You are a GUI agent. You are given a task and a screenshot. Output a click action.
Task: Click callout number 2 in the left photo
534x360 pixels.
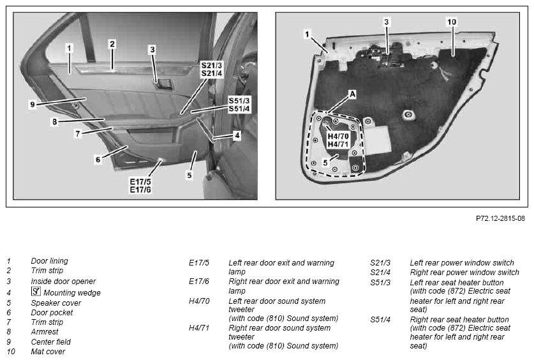(x=112, y=44)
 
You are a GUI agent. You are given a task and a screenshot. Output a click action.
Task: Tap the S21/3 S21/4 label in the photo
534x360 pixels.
(x=211, y=69)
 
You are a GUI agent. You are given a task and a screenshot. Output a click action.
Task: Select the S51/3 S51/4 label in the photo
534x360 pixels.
(x=239, y=105)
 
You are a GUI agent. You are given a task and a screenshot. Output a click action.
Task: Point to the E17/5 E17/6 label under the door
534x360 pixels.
(x=140, y=186)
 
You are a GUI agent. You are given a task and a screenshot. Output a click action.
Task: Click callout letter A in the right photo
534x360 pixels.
(x=352, y=94)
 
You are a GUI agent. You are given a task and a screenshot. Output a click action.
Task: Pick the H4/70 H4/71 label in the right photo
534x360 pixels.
(x=338, y=140)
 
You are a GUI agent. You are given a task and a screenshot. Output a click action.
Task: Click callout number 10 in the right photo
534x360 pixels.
(x=452, y=22)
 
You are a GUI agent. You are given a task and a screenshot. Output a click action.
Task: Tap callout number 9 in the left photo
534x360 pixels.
(x=33, y=104)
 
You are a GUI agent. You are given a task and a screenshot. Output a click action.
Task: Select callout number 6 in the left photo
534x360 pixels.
(x=98, y=160)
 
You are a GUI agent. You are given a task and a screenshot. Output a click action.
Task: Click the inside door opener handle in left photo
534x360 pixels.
(x=164, y=84)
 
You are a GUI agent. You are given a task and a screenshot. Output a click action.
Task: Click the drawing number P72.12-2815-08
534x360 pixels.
(x=500, y=218)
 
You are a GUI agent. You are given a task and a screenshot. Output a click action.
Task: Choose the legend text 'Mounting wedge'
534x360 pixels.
(x=72, y=292)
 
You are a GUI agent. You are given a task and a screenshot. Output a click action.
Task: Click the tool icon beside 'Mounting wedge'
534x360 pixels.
(x=36, y=291)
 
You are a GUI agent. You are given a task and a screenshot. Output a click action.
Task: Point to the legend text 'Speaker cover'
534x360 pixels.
(x=56, y=303)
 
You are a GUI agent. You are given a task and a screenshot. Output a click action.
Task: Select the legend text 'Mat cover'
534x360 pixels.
(x=48, y=352)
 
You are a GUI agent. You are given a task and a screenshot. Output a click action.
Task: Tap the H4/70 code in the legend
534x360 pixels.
(x=199, y=301)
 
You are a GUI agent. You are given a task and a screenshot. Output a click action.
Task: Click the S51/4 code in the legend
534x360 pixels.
(x=380, y=320)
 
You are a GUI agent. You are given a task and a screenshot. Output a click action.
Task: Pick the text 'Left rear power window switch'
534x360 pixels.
(x=462, y=262)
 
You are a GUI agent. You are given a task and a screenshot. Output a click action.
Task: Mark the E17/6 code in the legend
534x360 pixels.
(x=199, y=281)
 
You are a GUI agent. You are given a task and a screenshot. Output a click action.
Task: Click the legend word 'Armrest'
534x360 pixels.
(x=45, y=331)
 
